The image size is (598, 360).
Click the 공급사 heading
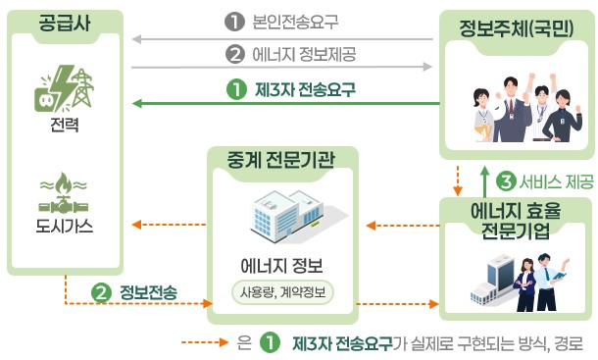(x=65, y=23)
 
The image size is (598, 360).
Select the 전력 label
(x=65, y=125)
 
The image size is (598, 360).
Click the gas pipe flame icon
(x=64, y=193)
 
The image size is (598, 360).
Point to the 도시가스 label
(x=64, y=226)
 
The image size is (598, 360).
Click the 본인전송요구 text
(x=295, y=22)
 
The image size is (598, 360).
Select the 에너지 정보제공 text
(x=304, y=54)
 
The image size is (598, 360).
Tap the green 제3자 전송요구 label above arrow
(x=305, y=90)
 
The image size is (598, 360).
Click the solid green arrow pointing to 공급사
(x=285, y=103)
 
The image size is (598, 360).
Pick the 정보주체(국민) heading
(x=516, y=27)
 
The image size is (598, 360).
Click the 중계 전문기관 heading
(x=280, y=160)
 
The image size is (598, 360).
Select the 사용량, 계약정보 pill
(x=282, y=293)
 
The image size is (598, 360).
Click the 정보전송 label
(x=149, y=293)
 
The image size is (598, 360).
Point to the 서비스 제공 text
(x=557, y=181)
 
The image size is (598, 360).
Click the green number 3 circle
(x=506, y=181)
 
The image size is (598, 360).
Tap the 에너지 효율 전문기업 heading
(x=516, y=221)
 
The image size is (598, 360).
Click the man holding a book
(x=548, y=283)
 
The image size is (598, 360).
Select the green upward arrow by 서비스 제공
(x=484, y=180)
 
